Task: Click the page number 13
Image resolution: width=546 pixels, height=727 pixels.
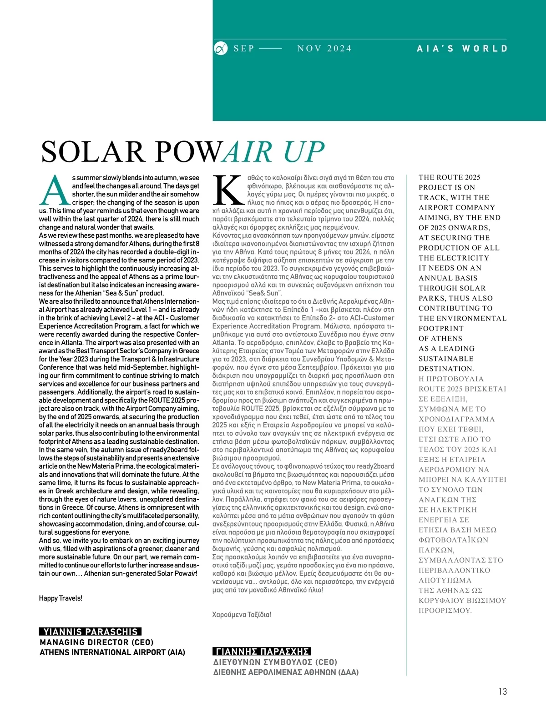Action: [502, 691]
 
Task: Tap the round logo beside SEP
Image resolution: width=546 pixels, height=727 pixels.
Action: [221, 48]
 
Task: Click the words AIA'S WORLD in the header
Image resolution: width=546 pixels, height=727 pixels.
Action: [462, 48]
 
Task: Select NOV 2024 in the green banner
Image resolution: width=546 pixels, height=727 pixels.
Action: [324, 49]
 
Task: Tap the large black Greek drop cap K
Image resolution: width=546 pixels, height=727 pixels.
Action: [229, 190]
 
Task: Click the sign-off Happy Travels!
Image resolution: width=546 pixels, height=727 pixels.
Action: [61, 598]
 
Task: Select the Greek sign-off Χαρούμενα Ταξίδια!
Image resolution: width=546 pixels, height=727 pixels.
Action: [242, 614]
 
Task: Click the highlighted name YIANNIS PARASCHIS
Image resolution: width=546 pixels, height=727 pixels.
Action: [90, 632]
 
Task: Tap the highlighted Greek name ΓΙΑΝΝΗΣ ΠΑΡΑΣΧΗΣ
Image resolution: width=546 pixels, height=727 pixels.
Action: [262, 651]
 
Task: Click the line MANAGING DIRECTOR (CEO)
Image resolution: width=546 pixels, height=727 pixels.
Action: [96, 642]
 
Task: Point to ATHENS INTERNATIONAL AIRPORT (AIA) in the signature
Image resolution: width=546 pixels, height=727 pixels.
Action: [112, 652]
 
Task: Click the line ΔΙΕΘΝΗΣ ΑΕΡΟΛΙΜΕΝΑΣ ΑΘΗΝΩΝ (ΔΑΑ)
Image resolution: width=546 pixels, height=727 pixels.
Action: [286, 672]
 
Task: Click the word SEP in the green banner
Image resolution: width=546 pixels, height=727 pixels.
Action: [244, 49]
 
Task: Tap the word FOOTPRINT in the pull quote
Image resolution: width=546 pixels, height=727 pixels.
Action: [441, 328]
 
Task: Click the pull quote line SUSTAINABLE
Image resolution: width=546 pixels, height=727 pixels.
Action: [446, 358]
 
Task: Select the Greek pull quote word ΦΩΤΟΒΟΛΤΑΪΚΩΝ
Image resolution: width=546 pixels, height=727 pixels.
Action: [453, 540]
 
